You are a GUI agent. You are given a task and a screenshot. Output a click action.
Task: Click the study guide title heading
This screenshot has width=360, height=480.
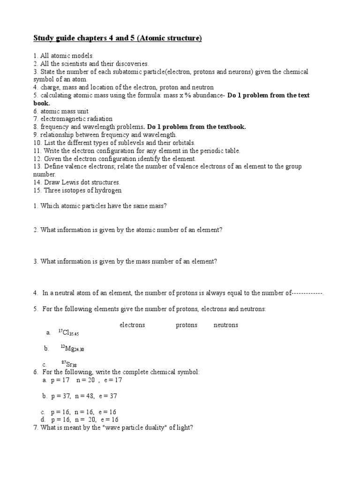(117, 38)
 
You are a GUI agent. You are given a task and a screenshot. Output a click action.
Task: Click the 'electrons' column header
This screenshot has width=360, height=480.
(132, 325)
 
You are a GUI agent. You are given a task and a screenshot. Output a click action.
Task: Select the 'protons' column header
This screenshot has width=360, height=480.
(187, 325)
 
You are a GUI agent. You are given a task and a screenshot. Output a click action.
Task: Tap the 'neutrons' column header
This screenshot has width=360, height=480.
(226, 325)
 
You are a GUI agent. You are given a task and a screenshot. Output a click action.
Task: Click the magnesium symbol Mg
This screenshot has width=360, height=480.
(69, 349)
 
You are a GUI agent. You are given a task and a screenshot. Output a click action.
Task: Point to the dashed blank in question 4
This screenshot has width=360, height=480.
(307, 293)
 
